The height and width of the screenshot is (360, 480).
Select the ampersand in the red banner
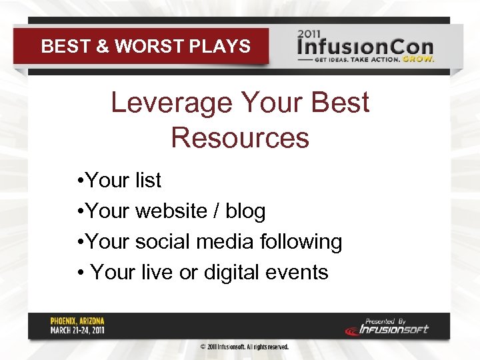(102, 47)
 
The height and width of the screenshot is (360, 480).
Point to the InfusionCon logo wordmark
(365, 47)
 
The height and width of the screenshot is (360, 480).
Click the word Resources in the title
(240, 137)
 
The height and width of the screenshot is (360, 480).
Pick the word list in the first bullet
(148, 180)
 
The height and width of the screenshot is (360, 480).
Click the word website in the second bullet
(171, 211)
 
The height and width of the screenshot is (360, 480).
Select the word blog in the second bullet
(245, 211)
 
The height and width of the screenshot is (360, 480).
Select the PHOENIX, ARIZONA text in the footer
(77, 321)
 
